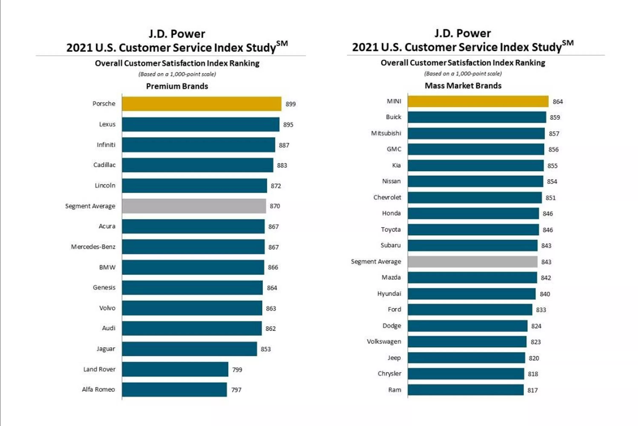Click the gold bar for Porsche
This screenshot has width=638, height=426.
[202, 104]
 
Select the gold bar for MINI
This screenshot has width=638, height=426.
[478, 101]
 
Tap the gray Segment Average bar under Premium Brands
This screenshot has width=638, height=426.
[194, 206]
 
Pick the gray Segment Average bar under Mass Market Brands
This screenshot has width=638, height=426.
[472, 262]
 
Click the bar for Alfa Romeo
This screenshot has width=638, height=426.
[174, 389]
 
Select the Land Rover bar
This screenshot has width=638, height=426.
[175, 369]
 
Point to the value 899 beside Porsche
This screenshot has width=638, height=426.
[290, 104]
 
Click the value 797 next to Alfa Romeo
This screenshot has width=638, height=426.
[236, 390]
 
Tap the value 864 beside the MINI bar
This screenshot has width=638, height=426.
[558, 102]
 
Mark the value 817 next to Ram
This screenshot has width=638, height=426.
[532, 390]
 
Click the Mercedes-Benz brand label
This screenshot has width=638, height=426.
[93, 247]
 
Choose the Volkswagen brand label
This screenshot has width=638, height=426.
[384, 341]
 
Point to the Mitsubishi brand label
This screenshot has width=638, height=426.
[386, 133]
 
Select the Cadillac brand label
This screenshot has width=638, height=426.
[104, 165]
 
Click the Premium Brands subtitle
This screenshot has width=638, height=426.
[177, 86]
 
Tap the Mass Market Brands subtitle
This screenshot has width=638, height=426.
[463, 86]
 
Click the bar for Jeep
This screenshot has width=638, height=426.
[466, 358]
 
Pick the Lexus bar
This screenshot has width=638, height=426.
[201, 124]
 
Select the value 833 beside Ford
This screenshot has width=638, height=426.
[541, 310]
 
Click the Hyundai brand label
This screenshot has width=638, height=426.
[389, 293]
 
